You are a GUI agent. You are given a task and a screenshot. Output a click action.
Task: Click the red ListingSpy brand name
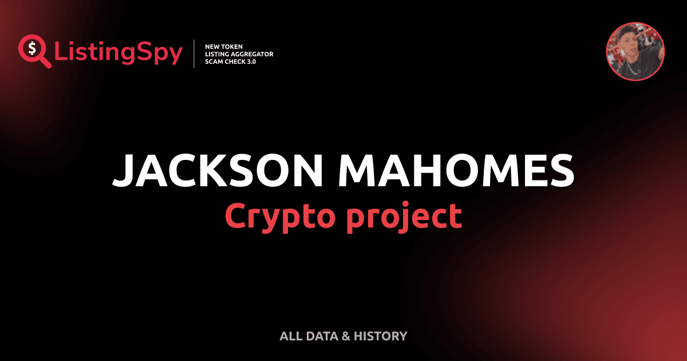coord(119,53)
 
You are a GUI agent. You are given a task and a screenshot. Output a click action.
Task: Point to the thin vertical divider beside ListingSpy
coord(195,54)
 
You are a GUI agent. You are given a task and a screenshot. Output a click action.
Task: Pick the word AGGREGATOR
coord(252,54)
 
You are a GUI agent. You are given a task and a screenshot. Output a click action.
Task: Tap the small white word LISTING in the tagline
coord(217,54)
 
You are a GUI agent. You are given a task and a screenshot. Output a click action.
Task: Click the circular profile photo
coord(635,52)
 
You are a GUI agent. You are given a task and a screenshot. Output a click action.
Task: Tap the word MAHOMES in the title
coord(460,170)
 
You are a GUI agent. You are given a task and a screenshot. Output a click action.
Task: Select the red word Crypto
coord(279,216)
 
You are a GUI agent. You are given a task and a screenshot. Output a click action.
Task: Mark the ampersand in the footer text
coord(345,336)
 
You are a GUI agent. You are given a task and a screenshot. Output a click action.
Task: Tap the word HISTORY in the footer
coord(380,336)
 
